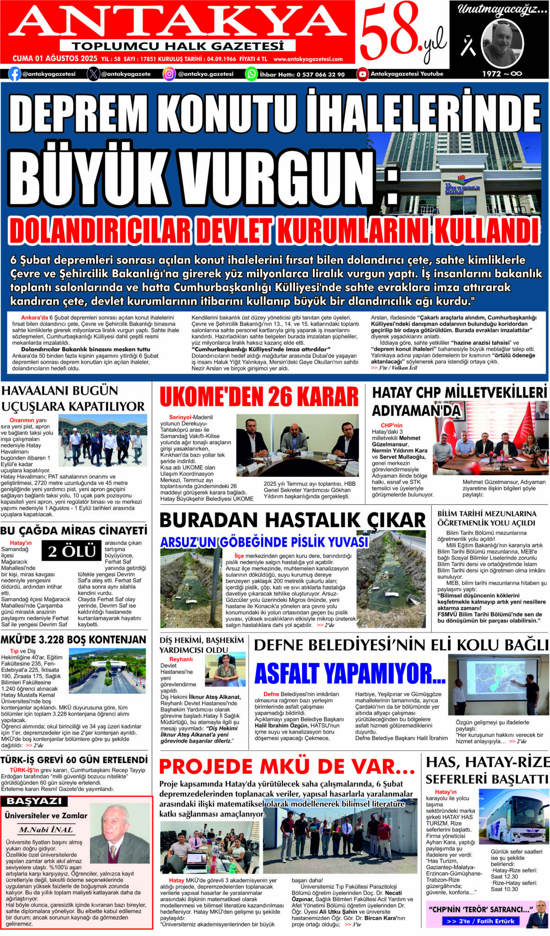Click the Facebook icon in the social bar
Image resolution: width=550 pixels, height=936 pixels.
pyautogui.click(x=15, y=74)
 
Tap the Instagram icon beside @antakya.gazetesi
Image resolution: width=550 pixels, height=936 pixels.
pyautogui.click(x=169, y=74)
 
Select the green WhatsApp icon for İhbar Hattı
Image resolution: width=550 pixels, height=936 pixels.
pyautogui.click(x=252, y=74)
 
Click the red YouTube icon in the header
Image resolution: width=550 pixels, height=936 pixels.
pyautogui.click(x=363, y=74)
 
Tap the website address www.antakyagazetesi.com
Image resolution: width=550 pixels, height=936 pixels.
pyautogui.click(x=308, y=59)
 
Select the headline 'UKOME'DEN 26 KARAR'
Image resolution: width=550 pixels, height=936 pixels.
pyautogui.click(x=259, y=397)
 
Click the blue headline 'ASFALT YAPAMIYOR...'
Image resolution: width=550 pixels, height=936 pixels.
pyautogui.click(x=350, y=674)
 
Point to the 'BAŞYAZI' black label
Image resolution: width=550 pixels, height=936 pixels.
pyautogui.click(x=34, y=801)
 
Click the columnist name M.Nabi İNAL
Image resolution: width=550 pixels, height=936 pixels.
pyautogui.click(x=46, y=830)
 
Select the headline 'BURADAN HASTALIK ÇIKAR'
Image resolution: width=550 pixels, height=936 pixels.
pyautogui.click(x=292, y=520)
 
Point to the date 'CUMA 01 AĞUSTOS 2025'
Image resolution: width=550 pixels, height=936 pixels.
pyautogui.click(x=55, y=59)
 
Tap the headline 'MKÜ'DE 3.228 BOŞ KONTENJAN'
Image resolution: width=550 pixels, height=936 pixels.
pyautogui.click(x=73, y=639)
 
